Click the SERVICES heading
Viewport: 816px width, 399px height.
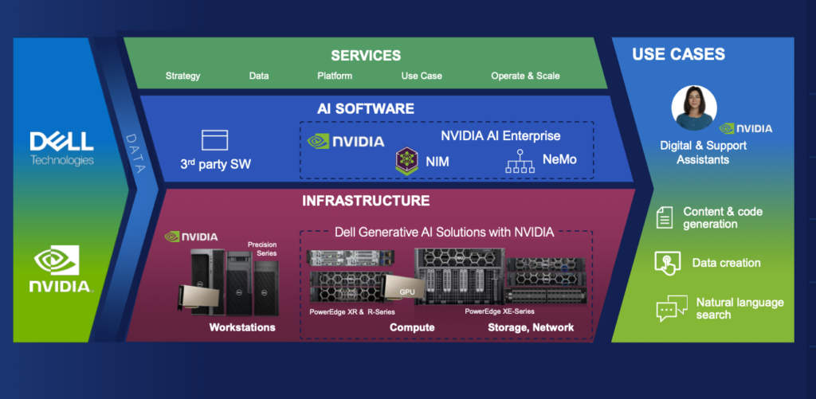366,56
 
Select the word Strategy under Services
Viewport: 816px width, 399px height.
182,76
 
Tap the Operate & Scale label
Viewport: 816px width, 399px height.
525,76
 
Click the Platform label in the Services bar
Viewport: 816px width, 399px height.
335,76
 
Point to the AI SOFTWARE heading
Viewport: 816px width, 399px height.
366,108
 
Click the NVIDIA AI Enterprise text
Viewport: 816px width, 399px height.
500,135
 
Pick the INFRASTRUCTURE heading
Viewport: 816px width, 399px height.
366,201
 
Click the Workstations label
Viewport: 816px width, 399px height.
242,327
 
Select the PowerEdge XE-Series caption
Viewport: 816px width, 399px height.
500,311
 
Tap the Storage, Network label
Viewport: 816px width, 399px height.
531,327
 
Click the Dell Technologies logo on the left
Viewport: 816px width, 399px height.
61,147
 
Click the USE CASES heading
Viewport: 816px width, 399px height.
678,55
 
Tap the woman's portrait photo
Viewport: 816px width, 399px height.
693,108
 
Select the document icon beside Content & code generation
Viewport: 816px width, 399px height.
665,217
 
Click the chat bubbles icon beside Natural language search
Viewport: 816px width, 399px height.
672,308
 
